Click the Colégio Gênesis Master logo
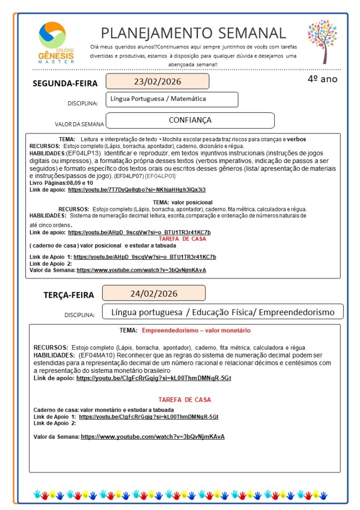[x=56, y=42]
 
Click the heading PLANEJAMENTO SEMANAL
[x=193, y=33]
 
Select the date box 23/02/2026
[x=157, y=81]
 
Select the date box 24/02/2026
[x=154, y=293]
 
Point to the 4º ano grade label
[x=322, y=79]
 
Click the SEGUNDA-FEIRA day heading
[x=65, y=83]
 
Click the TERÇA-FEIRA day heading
[x=68, y=295]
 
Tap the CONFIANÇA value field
[x=190, y=120]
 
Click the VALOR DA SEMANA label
[x=79, y=124]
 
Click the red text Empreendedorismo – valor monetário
[x=196, y=331]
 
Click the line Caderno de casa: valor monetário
[x=90, y=410]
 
